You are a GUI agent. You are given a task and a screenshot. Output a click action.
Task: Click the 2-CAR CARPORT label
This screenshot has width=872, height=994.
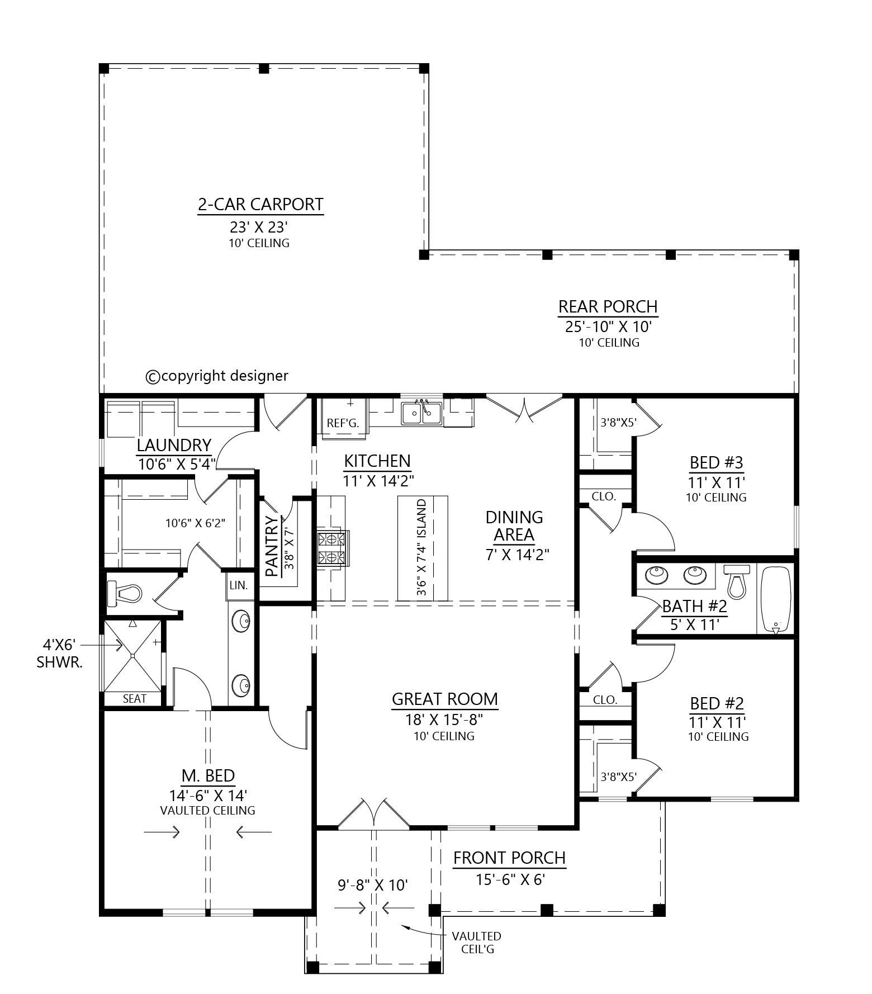[260, 204]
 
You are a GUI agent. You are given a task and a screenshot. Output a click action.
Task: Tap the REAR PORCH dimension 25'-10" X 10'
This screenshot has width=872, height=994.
[608, 326]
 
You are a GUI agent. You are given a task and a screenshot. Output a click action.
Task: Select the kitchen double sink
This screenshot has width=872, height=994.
[421, 413]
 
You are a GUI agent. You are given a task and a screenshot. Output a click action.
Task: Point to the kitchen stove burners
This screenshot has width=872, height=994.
[331, 548]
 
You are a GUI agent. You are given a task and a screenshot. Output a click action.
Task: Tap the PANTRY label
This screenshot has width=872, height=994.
[272, 546]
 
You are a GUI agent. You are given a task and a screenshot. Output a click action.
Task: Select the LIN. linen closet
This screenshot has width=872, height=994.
[238, 585]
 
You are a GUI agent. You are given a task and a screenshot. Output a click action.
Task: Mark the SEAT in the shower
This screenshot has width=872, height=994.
[134, 698]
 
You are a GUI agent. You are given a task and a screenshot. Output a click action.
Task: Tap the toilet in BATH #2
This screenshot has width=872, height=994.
[737, 581]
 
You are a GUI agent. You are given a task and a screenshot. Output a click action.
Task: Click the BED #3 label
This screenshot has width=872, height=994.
[716, 463]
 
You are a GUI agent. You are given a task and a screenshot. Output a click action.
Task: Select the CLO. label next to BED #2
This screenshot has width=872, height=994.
[605, 699]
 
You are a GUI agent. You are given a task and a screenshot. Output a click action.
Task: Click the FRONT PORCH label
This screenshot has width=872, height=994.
[509, 858]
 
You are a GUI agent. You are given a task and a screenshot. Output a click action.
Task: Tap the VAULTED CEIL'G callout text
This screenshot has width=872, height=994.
[476, 942]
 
